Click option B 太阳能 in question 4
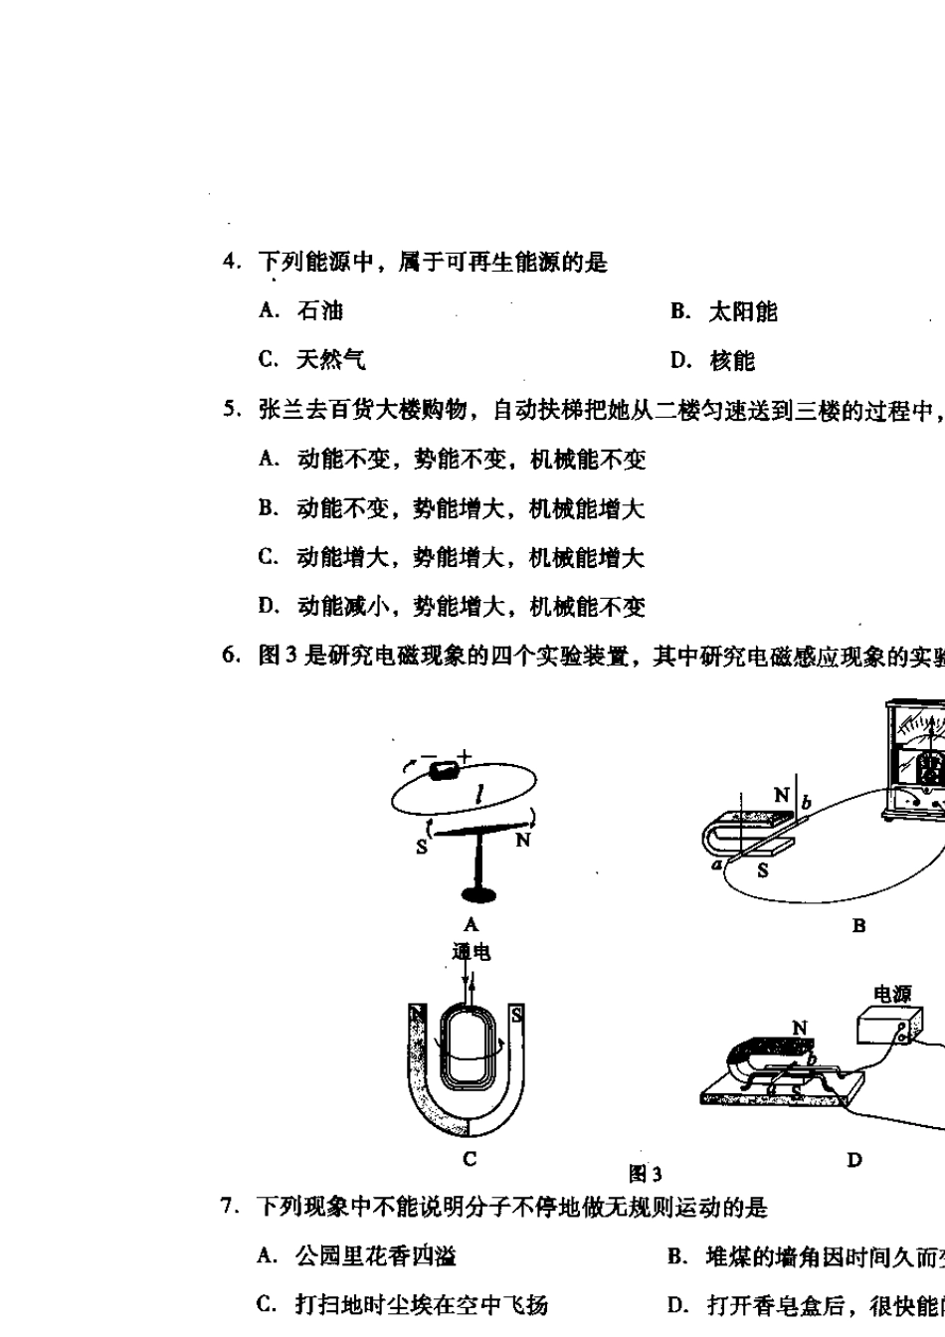click(x=724, y=312)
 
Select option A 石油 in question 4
click(x=300, y=311)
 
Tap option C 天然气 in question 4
click(x=311, y=360)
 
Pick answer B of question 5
click(x=452, y=509)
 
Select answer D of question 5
click(x=452, y=606)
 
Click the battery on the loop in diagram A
click(x=443, y=770)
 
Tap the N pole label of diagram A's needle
click(x=522, y=841)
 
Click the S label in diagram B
click(x=762, y=870)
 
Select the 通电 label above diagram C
click(x=471, y=952)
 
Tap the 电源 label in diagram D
click(x=891, y=994)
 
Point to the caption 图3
click(x=645, y=1174)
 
